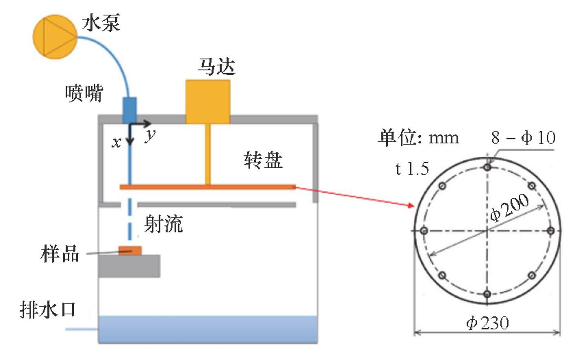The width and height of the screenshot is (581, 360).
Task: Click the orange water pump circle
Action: point(55,37)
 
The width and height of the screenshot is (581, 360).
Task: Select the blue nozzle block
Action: point(130,110)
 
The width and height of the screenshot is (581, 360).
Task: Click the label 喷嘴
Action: point(84,93)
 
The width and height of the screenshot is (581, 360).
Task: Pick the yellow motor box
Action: point(208,101)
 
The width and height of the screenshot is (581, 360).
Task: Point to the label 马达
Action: point(216,66)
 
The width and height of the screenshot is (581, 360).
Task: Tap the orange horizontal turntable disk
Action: point(207,187)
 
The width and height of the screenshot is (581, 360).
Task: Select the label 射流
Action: point(163,224)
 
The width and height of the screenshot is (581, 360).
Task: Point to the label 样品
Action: point(59,253)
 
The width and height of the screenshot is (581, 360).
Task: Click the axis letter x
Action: point(117,143)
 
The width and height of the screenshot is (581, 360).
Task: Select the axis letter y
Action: point(150,135)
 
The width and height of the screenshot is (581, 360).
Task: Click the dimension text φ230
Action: point(488,323)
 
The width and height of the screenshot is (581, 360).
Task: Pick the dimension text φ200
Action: point(509,207)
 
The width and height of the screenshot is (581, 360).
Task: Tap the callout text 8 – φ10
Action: point(523,138)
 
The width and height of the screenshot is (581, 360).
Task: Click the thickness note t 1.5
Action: point(412,168)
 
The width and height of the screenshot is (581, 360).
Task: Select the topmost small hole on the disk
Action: point(487,167)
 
